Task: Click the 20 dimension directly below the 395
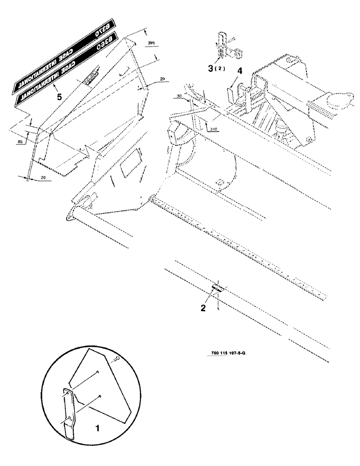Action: click(x=161, y=80)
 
